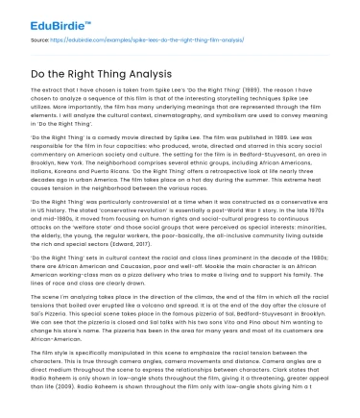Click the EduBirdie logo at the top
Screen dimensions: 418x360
(42, 17)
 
